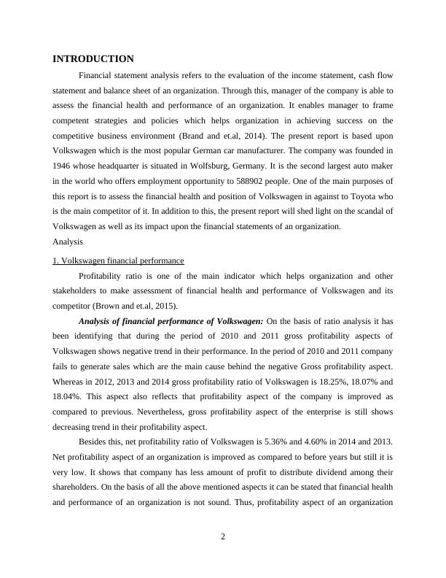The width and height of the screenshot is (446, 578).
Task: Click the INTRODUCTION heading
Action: click(93, 58)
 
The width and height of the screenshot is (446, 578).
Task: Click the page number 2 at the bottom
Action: click(223, 537)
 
